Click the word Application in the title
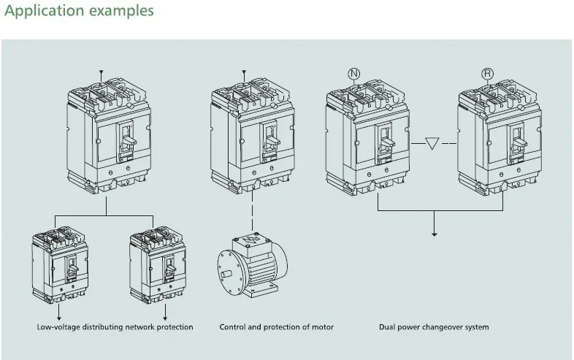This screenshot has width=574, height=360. click(x=45, y=11)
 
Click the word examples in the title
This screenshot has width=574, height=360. click(x=121, y=11)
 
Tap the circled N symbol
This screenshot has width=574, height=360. click(x=353, y=74)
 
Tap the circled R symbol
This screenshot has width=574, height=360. click(x=487, y=74)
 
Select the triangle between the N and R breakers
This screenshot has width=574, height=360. click(x=432, y=143)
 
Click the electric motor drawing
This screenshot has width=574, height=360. click(x=253, y=265)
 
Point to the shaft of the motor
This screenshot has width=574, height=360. click(x=226, y=273)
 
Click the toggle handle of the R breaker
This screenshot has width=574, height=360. click(x=519, y=142)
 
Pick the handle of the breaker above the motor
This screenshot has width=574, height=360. click(x=272, y=141)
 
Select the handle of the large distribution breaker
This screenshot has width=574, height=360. click(x=129, y=140)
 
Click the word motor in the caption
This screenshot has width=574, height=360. click(x=323, y=326)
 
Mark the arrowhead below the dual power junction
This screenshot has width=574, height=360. click(x=435, y=233)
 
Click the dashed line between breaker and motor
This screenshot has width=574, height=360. click(x=252, y=211)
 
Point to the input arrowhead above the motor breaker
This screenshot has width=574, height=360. click(x=244, y=72)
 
